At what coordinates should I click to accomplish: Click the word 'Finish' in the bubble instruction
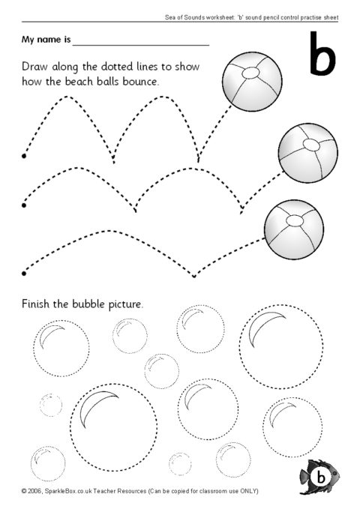click(x=39, y=305)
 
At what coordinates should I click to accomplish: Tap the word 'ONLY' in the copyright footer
click(x=247, y=492)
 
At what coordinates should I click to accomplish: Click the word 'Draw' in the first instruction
click(x=37, y=67)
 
